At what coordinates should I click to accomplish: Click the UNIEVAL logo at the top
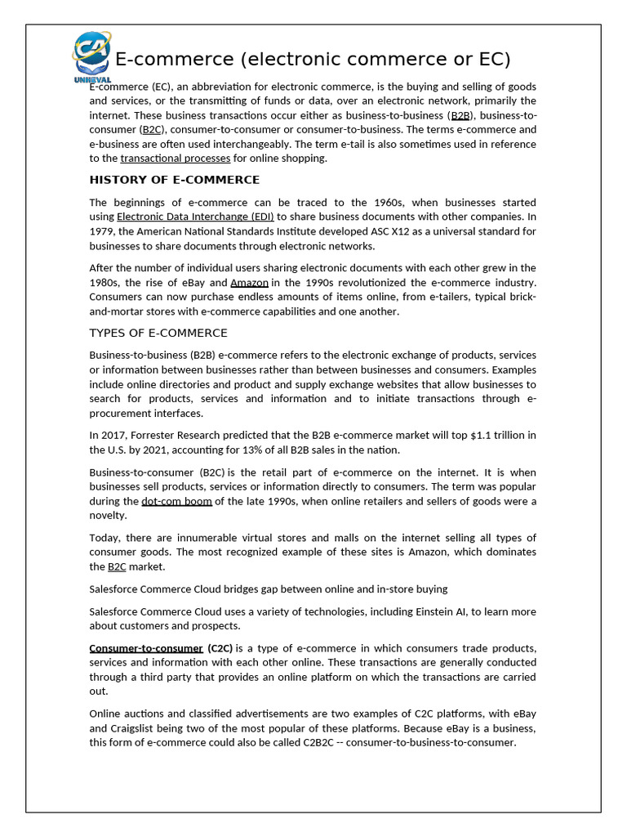(x=91, y=56)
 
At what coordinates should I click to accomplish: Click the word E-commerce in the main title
(x=164, y=60)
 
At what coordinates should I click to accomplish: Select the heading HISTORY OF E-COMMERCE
(x=174, y=180)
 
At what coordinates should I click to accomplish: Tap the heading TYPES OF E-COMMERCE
(x=158, y=333)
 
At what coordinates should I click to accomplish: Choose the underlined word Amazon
(x=249, y=283)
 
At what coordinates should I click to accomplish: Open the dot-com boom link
(x=176, y=501)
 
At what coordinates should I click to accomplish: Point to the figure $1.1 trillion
(x=493, y=436)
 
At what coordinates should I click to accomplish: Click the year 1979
(x=104, y=231)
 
